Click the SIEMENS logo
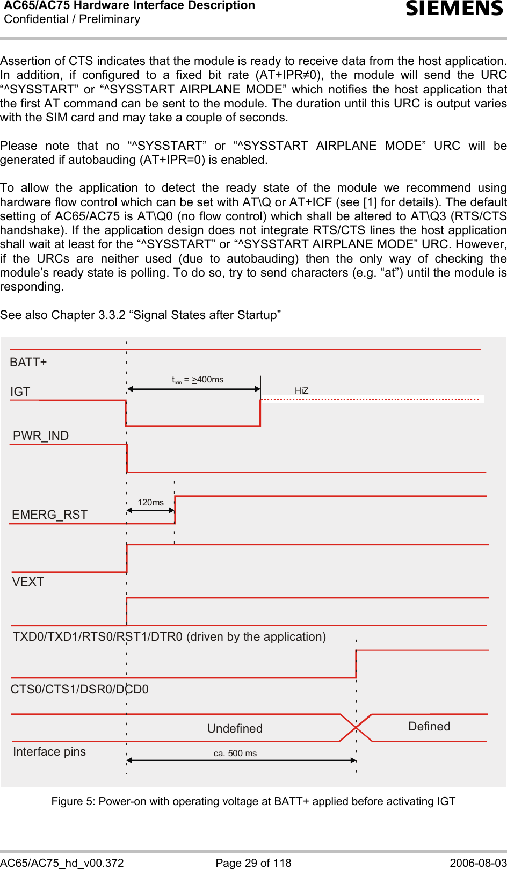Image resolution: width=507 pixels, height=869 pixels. pyautogui.click(x=454, y=9)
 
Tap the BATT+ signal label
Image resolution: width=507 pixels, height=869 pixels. pyautogui.click(x=28, y=363)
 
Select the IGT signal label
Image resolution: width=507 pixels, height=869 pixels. pyautogui.click(x=20, y=392)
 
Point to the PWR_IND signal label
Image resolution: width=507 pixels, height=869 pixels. pyautogui.click(x=41, y=436)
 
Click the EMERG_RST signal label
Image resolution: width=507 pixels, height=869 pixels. pyautogui.click(x=49, y=515)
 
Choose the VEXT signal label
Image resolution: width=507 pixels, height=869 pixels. pyautogui.click(x=28, y=582)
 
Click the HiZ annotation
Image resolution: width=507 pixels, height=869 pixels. pyautogui.click(x=301, y=391)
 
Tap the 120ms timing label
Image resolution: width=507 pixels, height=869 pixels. pyautogui.click(x=150, y=503)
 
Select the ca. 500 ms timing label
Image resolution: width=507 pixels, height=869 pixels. pyautogui.click(x=235, y=753)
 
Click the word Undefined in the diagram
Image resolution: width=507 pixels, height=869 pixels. pyautogui.click(x=235, y=728)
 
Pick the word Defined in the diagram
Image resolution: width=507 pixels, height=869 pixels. pyautogui.click(x=429, y=726)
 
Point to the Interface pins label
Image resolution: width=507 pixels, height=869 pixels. pyautogui.click(x=49, y=751)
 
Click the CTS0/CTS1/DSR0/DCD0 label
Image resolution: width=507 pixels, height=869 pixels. pyautogui.click(x=79, y=689)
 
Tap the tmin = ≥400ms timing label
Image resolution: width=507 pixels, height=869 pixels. pyautogui.click(x=198, y=380)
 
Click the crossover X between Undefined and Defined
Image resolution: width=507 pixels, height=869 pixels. pyautogui.click(x=356, y=728)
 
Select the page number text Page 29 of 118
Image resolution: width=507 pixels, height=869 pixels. pyautogui.click(x=253, y=863)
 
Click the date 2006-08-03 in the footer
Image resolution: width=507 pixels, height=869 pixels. pyautogui.click(x=478, y=863)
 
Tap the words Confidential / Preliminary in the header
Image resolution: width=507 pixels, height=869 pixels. pyautogui.click(x=72, y=19)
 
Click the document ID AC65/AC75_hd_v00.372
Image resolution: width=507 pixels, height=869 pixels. pyautogui.click(x=62, y=863)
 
